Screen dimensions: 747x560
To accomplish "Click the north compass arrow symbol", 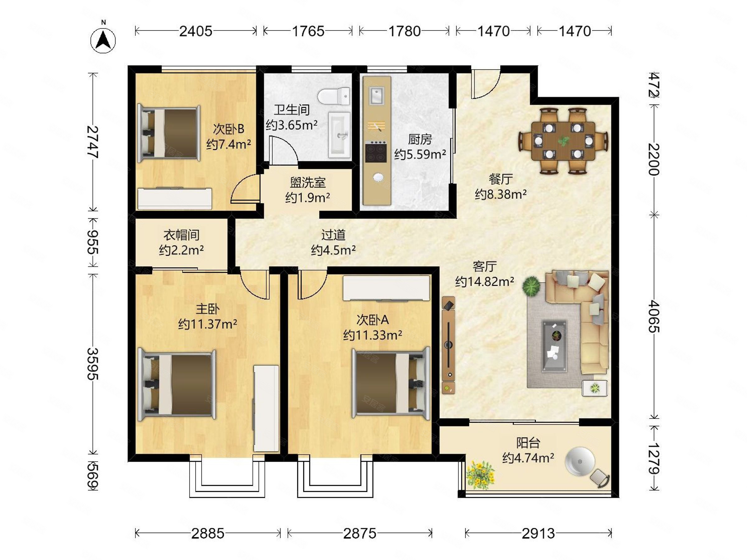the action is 103,40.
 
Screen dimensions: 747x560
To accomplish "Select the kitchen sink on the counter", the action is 377,96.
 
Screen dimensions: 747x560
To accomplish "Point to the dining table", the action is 563,141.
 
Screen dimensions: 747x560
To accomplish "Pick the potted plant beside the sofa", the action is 531,286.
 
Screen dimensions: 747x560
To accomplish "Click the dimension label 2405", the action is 195,31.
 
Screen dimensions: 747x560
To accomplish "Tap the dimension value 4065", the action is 654,316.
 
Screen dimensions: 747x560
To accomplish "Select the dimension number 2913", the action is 538,534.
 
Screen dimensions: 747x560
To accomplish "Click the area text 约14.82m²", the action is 485,281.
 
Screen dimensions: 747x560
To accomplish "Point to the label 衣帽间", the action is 181,235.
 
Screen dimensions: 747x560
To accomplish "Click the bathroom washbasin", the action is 339,135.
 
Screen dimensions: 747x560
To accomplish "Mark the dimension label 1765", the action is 308,31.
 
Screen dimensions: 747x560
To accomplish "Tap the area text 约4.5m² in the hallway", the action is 333,250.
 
